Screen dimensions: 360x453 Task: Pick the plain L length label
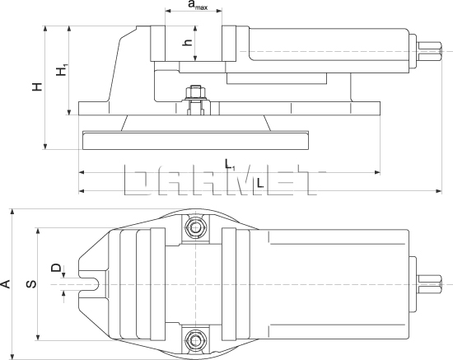pyautogui.click(x=259, y=183)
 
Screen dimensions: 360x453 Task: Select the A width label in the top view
pyautogui.click(x=7, y=284)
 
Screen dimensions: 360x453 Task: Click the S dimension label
pyautogui.click(x=30, y=284)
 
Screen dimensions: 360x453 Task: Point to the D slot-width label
pyautogui.click(x=55, y=269)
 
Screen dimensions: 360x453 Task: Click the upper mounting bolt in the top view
pyautogui.click(x=194, y=227)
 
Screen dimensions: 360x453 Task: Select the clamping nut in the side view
pyautogui.click(x=195, y=103)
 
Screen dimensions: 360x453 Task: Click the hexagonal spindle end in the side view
pyautogui.click(x=429, y=52)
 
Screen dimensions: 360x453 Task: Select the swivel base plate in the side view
pyautogui.click(x=195, y=139)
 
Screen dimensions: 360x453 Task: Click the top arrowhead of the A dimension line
pyautogui.click(x=13, y=211)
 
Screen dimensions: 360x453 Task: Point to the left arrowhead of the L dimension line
pyautogui.click(x=82, y=191)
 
